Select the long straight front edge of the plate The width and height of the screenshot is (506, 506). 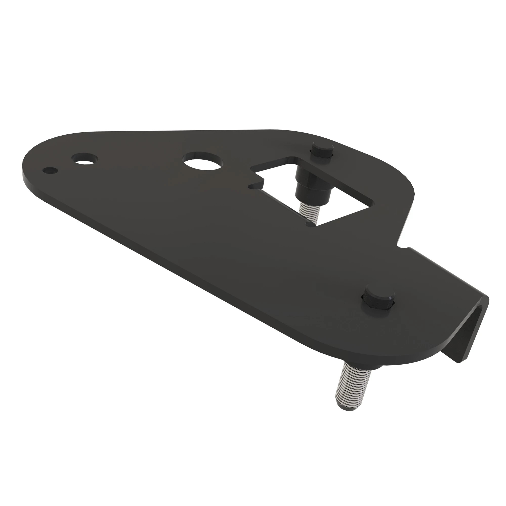click(183, 262)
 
